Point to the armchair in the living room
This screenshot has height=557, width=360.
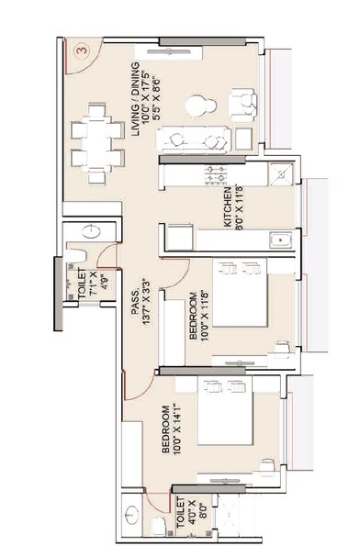(242, 105)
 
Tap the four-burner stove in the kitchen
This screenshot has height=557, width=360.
(216, 174)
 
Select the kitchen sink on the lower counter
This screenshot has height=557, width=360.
(278, 241)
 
